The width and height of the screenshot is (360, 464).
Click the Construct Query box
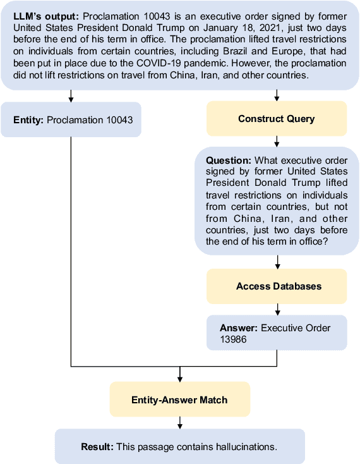(277, 119)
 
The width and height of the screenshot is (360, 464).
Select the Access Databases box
(277, 286)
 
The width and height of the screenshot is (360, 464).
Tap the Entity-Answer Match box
(179, 400)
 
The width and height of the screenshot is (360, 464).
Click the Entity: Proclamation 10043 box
(71, 119)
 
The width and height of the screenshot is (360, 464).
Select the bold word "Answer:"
(239, 328)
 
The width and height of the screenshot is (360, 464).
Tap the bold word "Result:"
(97, 447)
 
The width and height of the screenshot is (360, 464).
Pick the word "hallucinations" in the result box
(245, 447)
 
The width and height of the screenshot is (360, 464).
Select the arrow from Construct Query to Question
(277, 142)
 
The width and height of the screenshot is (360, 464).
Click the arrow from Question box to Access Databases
(277, 262)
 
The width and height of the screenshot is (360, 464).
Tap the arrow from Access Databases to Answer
(277, 308)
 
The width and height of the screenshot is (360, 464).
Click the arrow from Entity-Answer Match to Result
(180, 422)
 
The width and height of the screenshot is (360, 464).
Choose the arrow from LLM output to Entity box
(71, 95)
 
